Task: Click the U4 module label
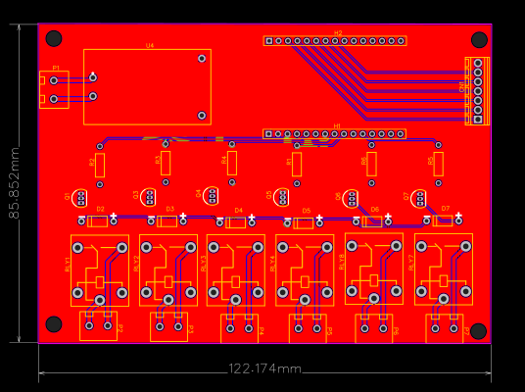pos(150,46)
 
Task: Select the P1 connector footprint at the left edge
pos(54,89)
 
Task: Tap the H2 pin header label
pos(338,33)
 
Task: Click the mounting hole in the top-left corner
pos(54,39)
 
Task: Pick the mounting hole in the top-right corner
pos(479,39)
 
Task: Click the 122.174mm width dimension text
pos(265,368)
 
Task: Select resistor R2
pos(100,164)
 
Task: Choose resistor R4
pos(232,163)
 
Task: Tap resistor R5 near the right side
pos(439,164)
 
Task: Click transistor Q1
pos(80,198)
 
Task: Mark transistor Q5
pos(283,198)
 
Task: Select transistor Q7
pos(420,199)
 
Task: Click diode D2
pos(98,221)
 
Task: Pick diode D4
pos(236,222)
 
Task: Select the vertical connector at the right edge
pos(477,91)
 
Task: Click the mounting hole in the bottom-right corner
pos(478,331)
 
